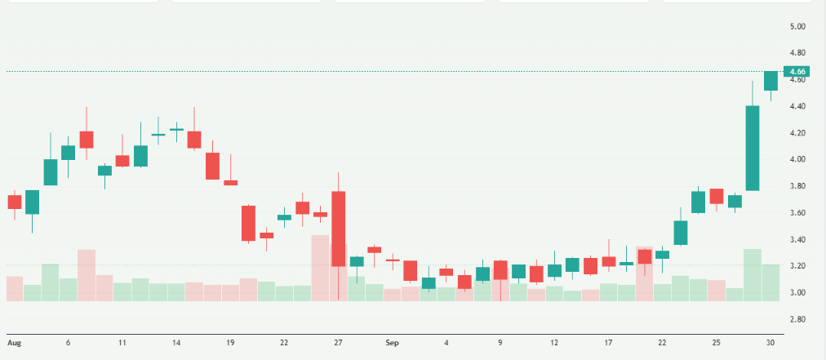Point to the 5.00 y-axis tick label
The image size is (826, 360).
click(x=798, y=26)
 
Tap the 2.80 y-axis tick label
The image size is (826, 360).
click(x=798, y=319)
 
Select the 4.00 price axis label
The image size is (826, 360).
click(x=798, y=159)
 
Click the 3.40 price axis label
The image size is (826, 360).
click(x=798, y=239)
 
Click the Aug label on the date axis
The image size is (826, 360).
click(x=13, y=343)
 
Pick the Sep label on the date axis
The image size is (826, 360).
click(x=393, y=343)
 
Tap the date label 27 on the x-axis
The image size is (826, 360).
click(x=338, y=343)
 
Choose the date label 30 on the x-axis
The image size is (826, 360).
click(x=770, y=343)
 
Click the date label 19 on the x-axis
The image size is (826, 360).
click(x=230, y=343)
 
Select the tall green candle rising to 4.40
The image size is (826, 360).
click(x=753, y=148)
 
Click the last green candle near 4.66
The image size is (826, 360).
click(x=770, y=81)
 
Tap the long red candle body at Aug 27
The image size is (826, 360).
click(x=338, y=229)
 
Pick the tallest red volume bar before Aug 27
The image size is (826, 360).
click(x=320, y=268)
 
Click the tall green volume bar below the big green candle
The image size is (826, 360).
click(x=753, y=274)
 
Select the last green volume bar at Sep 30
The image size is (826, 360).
click(x=770, y=282)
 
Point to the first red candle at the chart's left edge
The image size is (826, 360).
click(x=15, y=202)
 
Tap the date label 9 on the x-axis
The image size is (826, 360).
click(x=500, y=343)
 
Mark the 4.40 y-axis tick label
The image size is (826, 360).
click(x=798, y=106)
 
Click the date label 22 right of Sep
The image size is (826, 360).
click(x=662, y=343)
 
